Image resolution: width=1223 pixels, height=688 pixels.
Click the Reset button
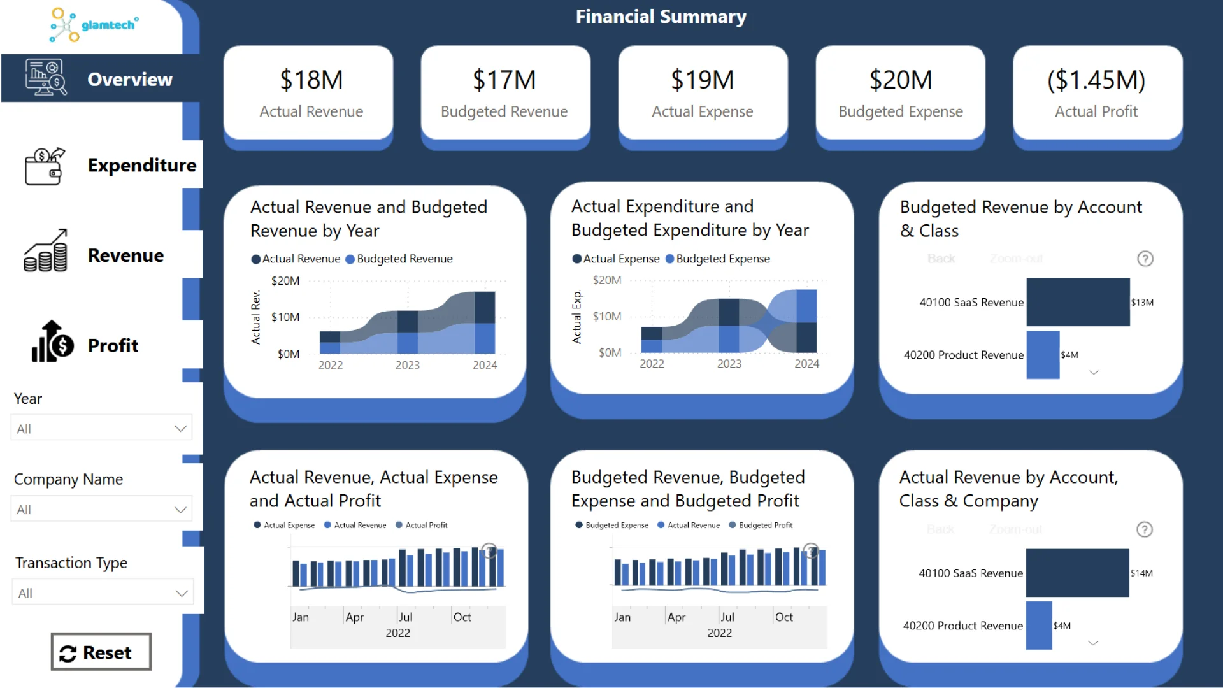click(101, 652)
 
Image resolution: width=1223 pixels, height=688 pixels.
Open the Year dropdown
click(101, 428)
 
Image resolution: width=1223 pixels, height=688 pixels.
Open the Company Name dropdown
click(101, 509)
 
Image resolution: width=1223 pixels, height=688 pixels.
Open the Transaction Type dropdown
click(102, 592)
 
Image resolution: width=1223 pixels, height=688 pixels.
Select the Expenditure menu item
click(141, 165)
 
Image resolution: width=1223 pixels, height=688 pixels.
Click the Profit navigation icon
click(53, 342)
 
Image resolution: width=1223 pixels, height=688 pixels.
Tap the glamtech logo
click(94, 25)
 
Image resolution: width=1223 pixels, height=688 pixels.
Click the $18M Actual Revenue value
click(311, 80)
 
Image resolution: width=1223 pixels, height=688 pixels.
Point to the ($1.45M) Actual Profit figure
click(1096, 80)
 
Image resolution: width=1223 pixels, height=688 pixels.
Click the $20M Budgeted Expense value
click(901, 80)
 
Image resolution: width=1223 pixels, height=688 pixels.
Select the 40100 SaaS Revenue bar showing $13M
click(1078, 302)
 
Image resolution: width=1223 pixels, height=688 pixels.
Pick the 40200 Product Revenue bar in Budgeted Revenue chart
click(1043, 355)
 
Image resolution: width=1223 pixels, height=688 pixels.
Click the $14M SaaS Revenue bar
click(1077, 573)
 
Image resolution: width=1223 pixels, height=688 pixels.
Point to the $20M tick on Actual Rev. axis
click(285, 281)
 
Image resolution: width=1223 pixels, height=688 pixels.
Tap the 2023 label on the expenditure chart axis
click(729, 364)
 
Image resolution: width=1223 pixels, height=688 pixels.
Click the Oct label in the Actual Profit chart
click(462, 617)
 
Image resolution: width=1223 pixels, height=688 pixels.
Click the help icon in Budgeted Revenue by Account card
click(1145, 259)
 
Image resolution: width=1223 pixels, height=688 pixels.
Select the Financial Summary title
click(661, 17)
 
